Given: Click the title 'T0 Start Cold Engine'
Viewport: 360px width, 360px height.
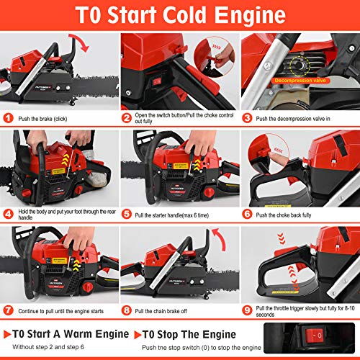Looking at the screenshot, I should click(180, 15).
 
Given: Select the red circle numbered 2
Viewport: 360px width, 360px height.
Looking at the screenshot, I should click(126, 117).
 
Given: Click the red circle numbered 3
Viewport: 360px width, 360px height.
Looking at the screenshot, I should click(247, 117).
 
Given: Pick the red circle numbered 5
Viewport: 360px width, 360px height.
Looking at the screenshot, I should click(126, 213).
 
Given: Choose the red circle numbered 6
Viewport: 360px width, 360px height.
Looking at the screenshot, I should click(247, 213).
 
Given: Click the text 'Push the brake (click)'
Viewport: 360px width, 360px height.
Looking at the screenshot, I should click(49, 117).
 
